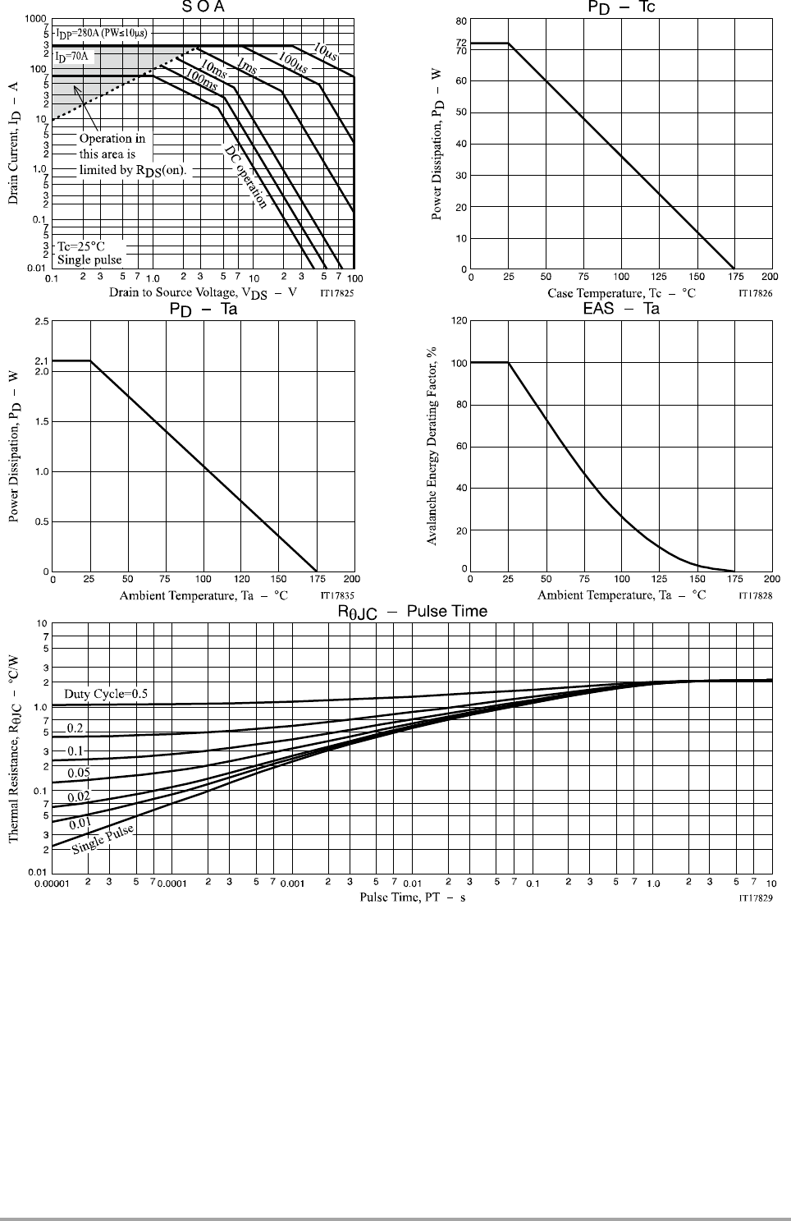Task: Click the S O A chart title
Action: (203, 7)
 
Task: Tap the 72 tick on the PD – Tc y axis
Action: (461, 43)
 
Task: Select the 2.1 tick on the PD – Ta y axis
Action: (42, 360)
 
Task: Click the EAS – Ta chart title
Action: (621, 309)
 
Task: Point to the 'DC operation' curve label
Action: (246, 177)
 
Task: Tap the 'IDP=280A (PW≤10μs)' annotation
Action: (102, 34)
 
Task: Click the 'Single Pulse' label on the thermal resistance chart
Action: (103, 838)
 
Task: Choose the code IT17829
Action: (755, 898)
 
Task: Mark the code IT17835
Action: (337, 594)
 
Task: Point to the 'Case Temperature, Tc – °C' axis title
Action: (621, 292)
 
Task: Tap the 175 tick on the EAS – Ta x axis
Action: (734, 579)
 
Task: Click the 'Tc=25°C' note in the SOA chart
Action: (80, 246)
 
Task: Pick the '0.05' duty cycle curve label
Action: (79, 773)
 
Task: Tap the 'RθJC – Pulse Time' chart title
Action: (413, 612)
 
